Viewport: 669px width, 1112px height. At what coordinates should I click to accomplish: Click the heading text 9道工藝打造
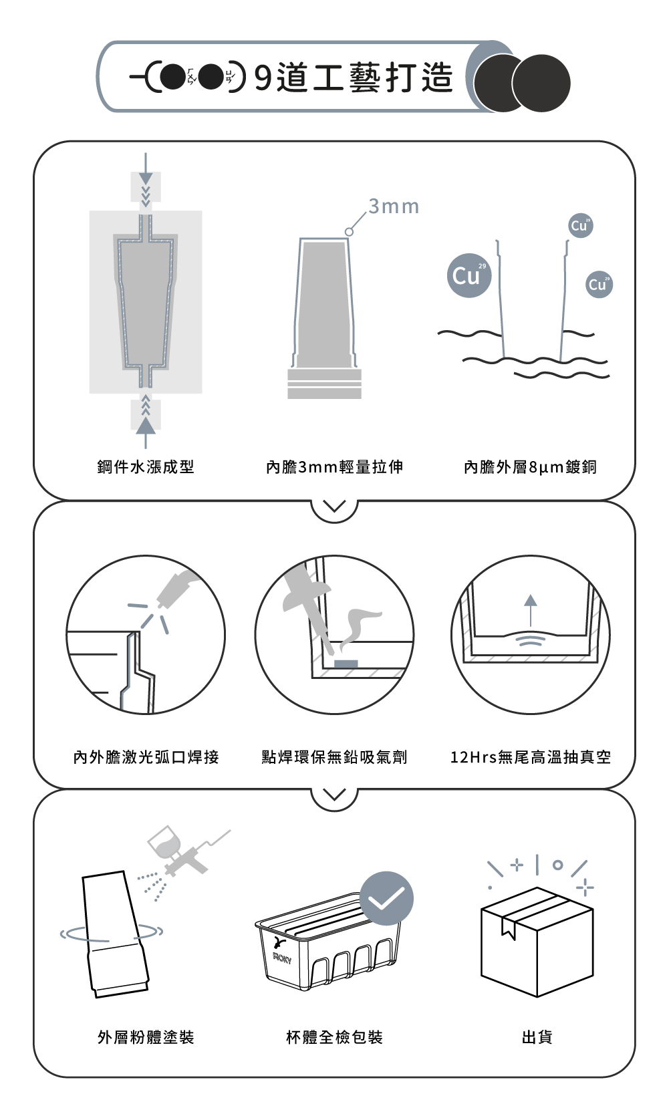[354, 78]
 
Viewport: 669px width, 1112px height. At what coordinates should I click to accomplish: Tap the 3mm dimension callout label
[394, 206]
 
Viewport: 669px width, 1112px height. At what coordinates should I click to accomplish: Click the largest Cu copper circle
[469, 275]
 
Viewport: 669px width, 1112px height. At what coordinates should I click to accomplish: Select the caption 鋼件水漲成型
[146, 467]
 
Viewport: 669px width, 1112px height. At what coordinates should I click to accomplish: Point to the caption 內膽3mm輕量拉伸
[334, 467]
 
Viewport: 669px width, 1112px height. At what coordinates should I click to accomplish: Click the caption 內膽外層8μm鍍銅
[530, 467]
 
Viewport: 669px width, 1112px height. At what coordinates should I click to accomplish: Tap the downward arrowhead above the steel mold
[146, 178]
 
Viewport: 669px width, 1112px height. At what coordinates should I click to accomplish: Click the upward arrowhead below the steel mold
[146, 426]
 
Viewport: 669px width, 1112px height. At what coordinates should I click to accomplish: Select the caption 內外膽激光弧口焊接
[146, 757]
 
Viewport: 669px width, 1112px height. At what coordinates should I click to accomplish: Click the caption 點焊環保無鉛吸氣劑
[334, 757]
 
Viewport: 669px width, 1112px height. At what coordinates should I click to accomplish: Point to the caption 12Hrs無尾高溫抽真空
[530, 757]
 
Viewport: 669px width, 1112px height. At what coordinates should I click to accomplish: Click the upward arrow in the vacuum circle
[531, 610]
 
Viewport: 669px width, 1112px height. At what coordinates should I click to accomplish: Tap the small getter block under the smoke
[346, 664]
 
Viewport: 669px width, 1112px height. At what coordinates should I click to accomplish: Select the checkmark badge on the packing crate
[386, 898]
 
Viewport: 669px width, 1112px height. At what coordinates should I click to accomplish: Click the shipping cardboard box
[537, 942]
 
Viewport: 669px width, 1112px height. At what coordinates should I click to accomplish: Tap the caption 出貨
[537, 1037]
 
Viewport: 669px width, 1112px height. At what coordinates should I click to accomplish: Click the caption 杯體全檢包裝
[334, 1037]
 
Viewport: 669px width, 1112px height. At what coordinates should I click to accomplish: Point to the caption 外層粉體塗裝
[146, 1037]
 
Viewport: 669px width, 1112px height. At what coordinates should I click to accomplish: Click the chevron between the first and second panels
[334, 507]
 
